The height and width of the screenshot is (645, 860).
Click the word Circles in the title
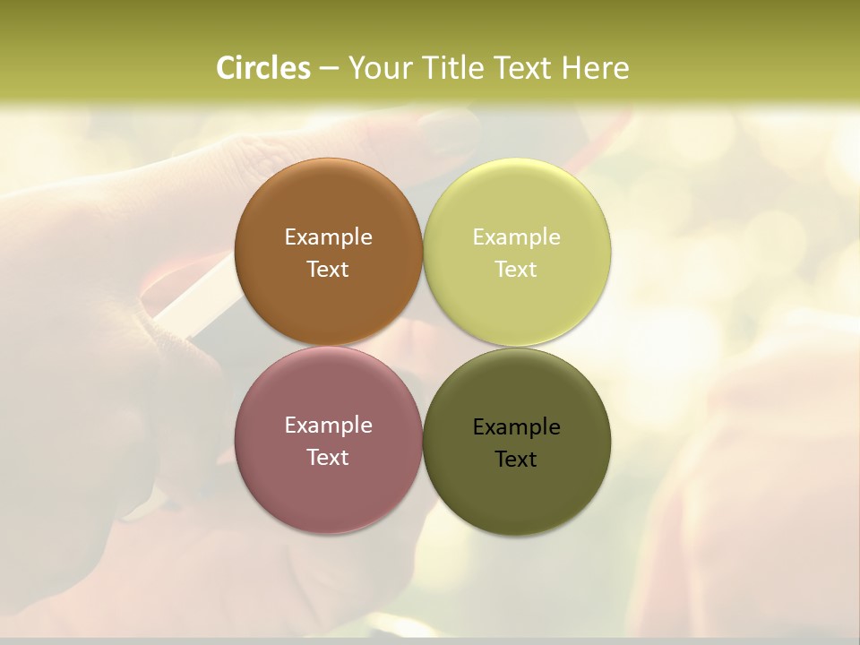262,68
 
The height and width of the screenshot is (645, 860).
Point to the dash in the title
328,69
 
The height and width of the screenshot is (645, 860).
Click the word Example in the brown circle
328,237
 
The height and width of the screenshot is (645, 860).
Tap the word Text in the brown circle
328,270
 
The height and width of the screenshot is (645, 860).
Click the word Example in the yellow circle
516,237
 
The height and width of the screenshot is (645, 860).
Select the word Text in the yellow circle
516,270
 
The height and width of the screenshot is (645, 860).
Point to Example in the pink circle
328,426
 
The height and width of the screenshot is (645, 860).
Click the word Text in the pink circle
328,458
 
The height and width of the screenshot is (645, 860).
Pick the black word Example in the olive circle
516,427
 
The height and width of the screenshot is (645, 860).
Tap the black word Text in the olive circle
516,460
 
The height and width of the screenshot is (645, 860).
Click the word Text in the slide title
524,68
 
